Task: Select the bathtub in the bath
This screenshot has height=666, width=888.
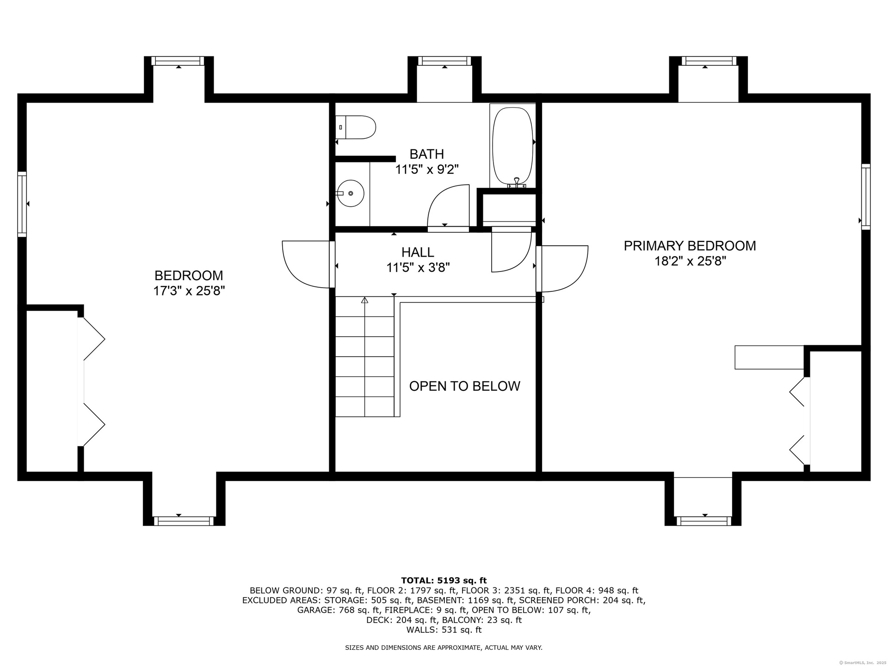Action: click(x=512, y=147)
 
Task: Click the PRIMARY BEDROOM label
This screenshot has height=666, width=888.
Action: click(x=690, y=246)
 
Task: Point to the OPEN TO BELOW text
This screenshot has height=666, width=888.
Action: click(x=464, y=386)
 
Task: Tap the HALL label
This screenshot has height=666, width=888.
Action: click(x=418, y=252)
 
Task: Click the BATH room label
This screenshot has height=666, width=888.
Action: click(x=426, y=154)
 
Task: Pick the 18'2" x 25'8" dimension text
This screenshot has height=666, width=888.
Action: click(x=690, y=261)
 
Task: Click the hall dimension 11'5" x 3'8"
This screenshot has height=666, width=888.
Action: click(x=418, y=267)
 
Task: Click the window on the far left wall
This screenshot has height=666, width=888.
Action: click(x=22, y=204)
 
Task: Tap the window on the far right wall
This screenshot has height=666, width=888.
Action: click(x=866, y=197)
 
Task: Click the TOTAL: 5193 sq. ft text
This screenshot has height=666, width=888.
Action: click(x=444, y=580)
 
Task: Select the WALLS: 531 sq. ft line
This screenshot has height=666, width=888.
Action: click(x=444, y=630)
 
